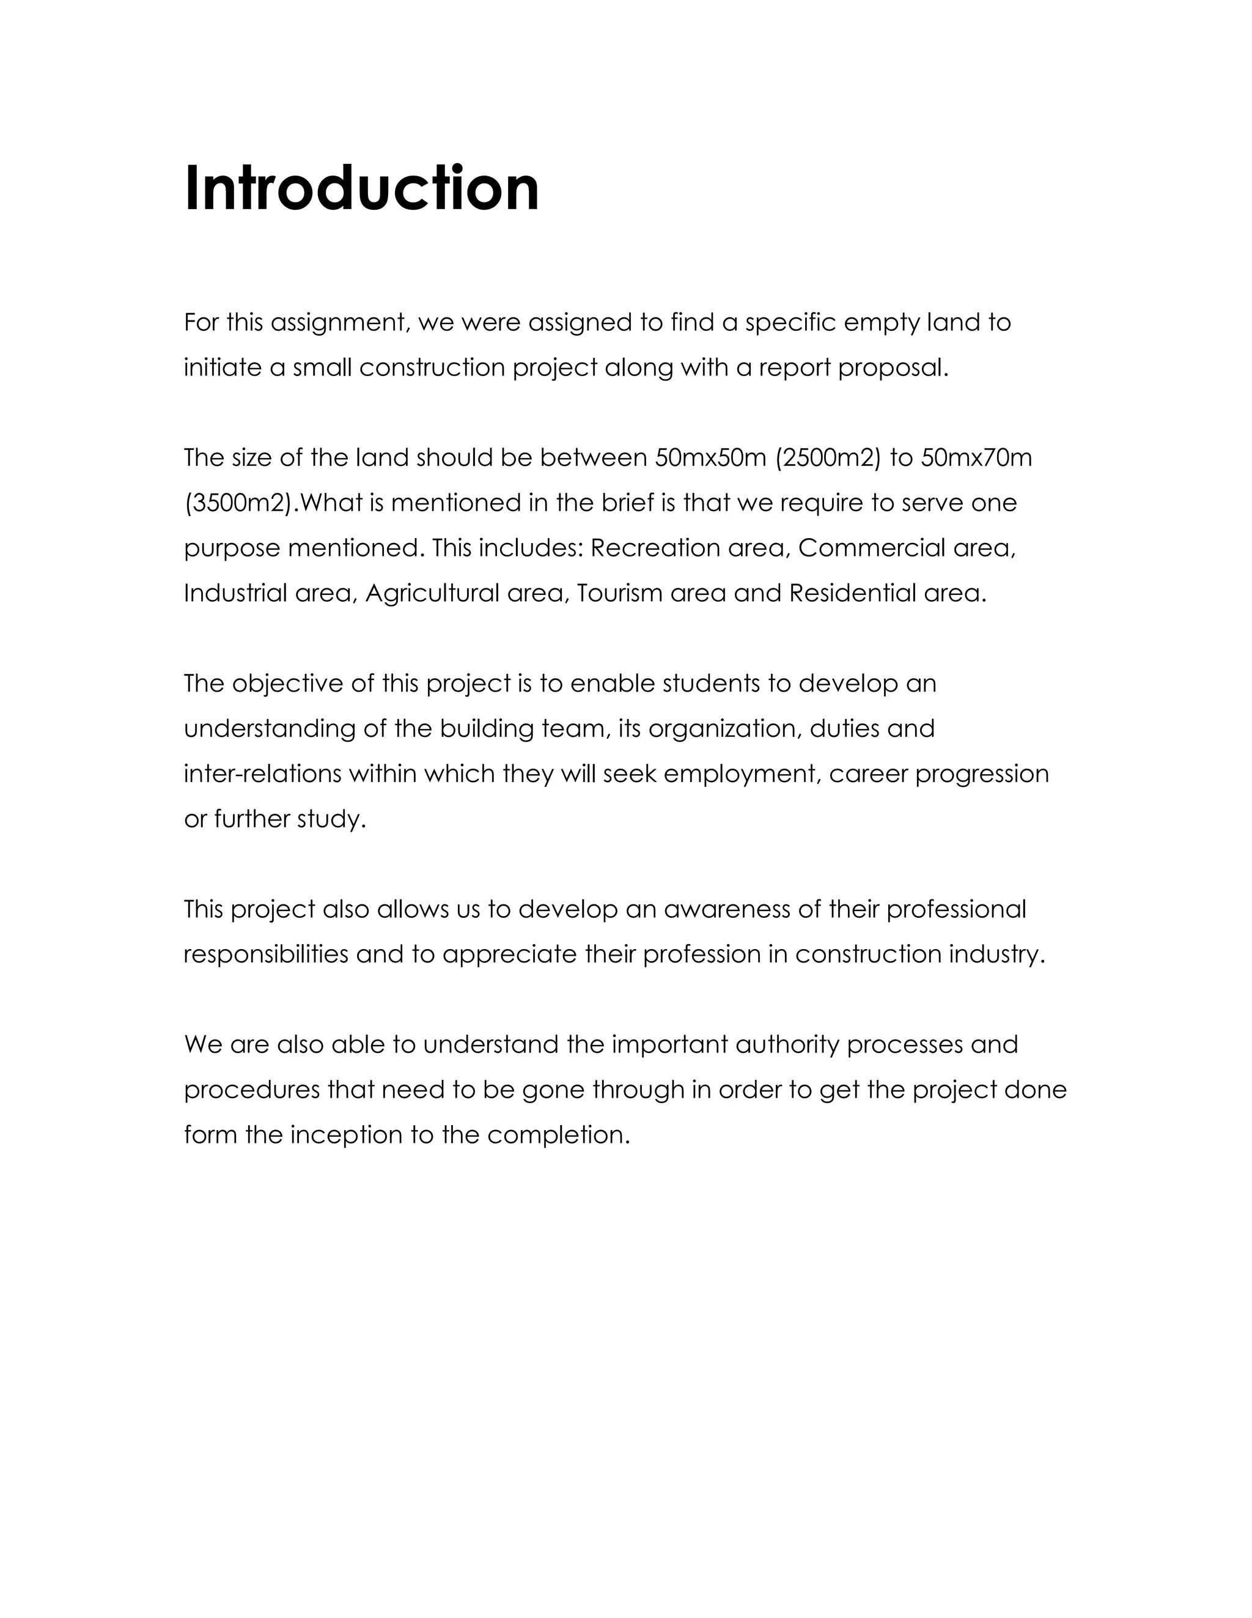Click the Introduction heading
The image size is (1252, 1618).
(x=361, y=188)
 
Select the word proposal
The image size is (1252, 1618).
(x=893, y=368)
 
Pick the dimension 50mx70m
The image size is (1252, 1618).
(x=976, y=459)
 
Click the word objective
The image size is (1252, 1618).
(x=287, y=684)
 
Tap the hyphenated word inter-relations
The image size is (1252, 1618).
(x=263, y=774)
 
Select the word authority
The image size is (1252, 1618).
(x=787, y=1045)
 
